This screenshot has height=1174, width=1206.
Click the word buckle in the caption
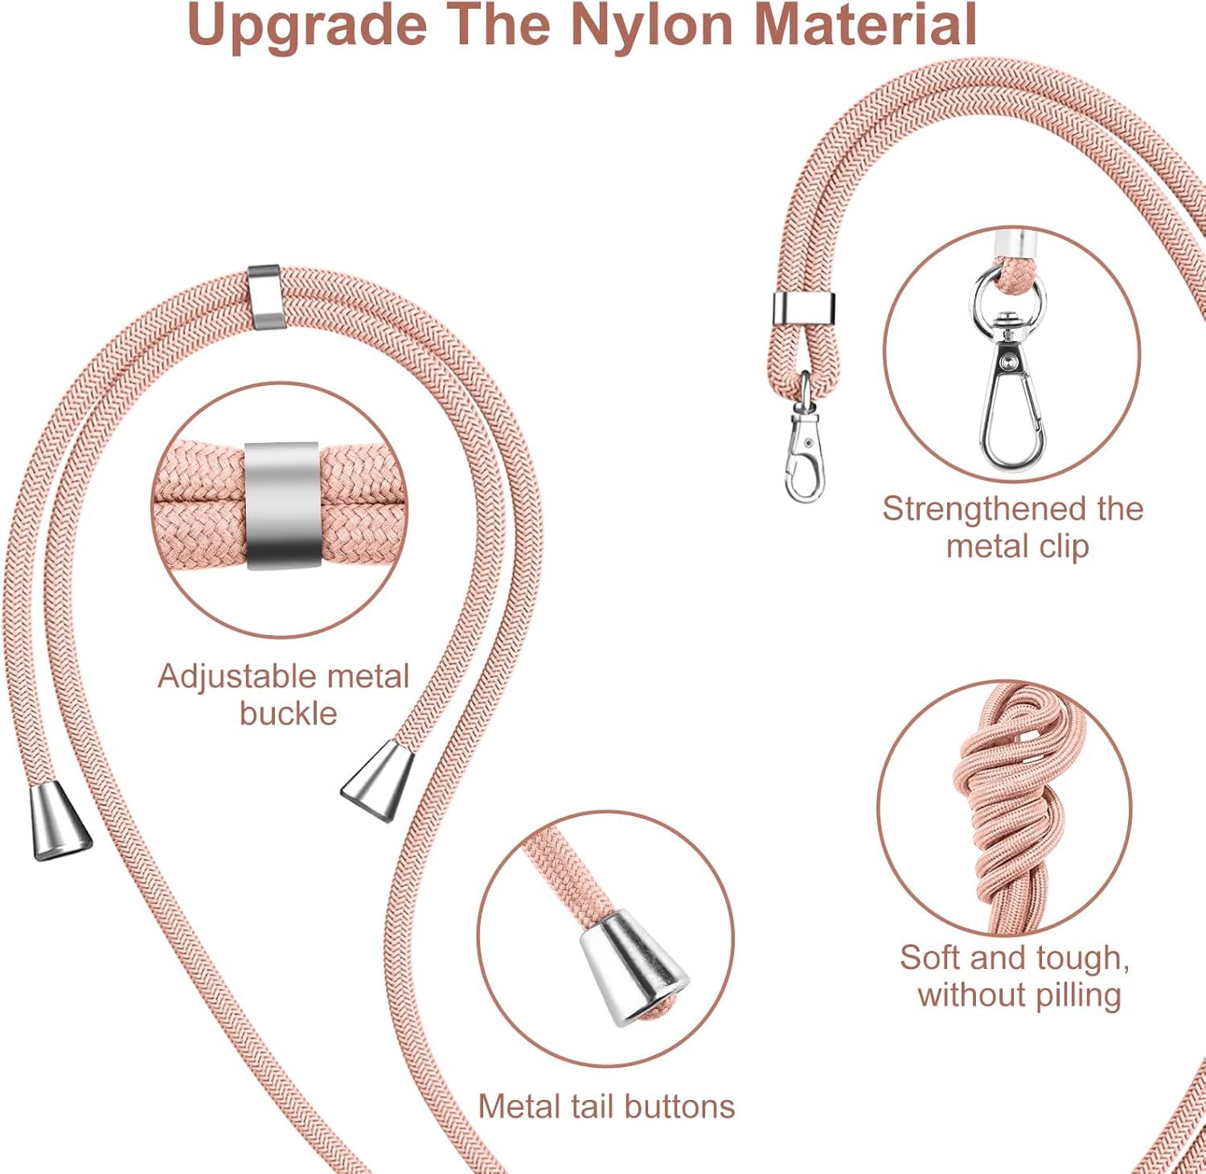pyautogui.click(x=288, y=713)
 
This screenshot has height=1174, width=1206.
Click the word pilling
pyautogui.click(x=1077, y=995)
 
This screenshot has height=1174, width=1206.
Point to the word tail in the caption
pyautogui.click(x=591, y=1106)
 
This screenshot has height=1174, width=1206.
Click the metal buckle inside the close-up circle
pyautogui.click(x=281, y=505)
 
